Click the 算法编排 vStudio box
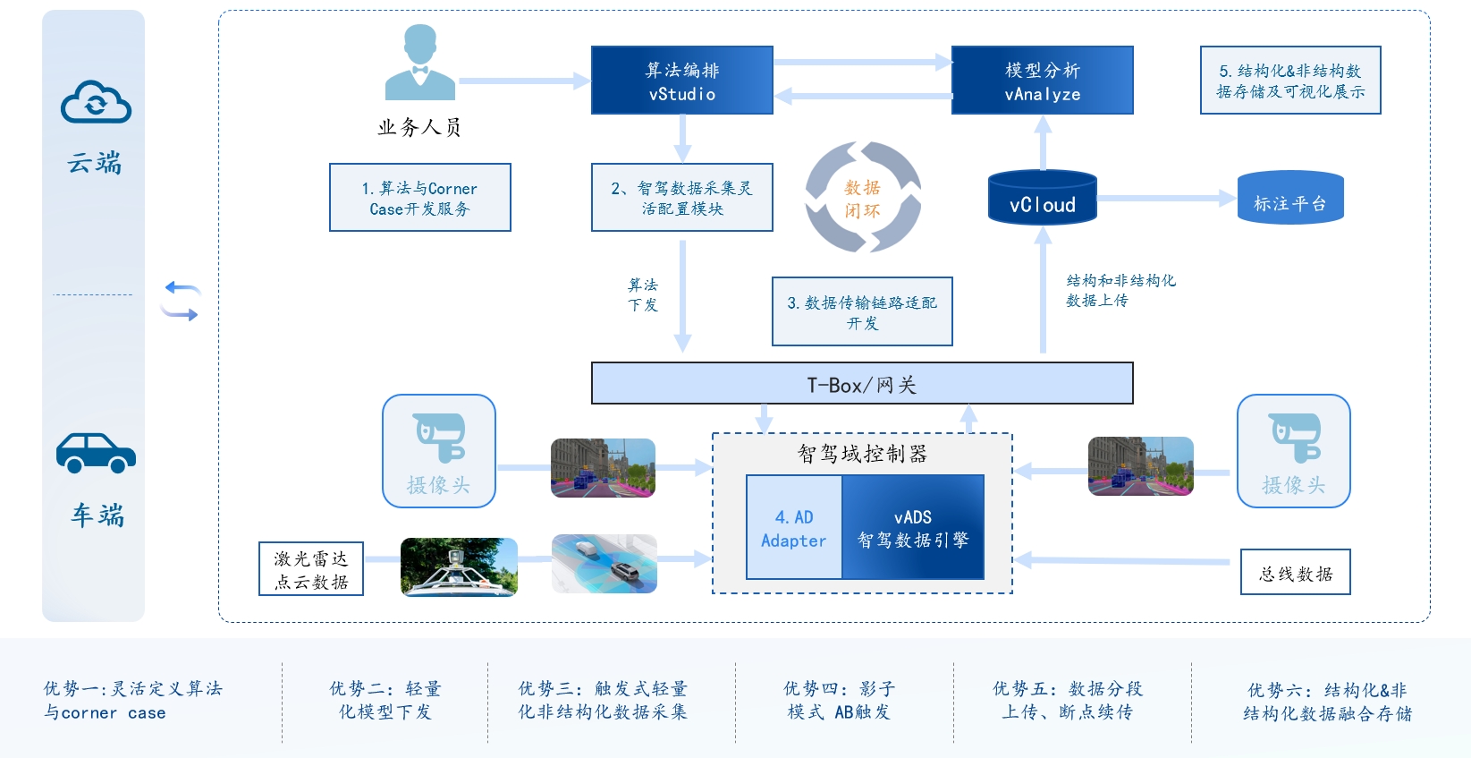[x=681, y=81]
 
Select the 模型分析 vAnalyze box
[x=1042, y=81]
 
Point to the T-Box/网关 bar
[x=862, y=383]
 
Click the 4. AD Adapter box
[x=794, y=528]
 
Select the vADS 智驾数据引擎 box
[x=913, y=528]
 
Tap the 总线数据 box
[x=1295, y=573]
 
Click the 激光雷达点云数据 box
[x=311, y=569]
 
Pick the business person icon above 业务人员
[x=420, y=63]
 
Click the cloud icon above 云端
[x=96, y=102]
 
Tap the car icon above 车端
[x=96, y=453]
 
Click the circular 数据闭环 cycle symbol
[x=863, y=198]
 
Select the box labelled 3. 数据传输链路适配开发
[x=862, y=311]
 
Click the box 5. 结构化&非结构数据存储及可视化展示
[x=1290, y=81]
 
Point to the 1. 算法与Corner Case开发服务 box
[x=419, y=198]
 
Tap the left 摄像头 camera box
[x=438, y=451]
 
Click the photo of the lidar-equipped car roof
[x=459, y=566]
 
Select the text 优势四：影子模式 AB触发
[x=839, y=701]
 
